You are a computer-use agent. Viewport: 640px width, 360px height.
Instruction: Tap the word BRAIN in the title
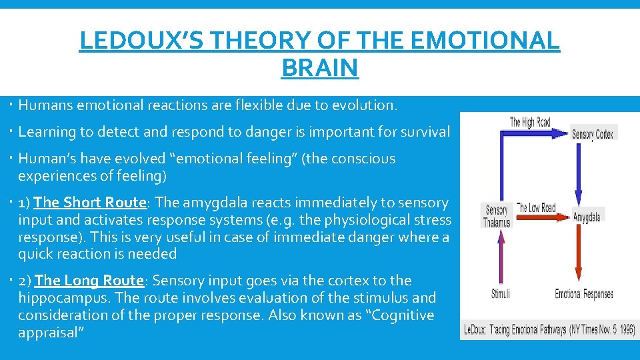(319, 67)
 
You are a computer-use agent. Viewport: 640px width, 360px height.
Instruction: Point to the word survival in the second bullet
(423, 132)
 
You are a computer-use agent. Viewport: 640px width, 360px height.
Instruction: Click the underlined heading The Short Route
(90, 203)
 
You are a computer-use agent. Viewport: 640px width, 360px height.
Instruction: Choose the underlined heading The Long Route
(89, 281)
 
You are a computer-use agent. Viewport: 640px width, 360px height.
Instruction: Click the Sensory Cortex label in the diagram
(593, 134)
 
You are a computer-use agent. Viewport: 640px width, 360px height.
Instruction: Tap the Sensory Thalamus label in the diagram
(497, 216)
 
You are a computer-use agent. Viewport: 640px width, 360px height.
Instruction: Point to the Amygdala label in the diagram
(587, 217)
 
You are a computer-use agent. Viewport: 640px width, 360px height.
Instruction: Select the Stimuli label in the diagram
(501, 294)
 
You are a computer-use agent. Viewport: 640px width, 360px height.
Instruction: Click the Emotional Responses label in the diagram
(584, 294)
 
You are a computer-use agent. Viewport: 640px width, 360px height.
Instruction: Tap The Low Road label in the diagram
(537, 208)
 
